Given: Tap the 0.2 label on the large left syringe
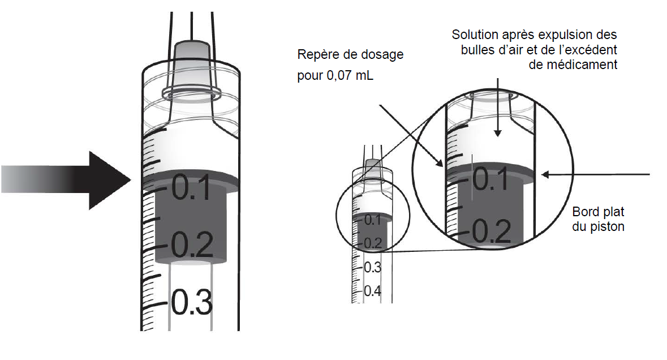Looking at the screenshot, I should point(192,245).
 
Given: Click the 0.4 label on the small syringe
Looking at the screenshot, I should point(372,291).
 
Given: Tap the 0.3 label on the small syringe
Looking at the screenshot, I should point(372,267).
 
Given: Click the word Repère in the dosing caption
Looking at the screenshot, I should point(316,55).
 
